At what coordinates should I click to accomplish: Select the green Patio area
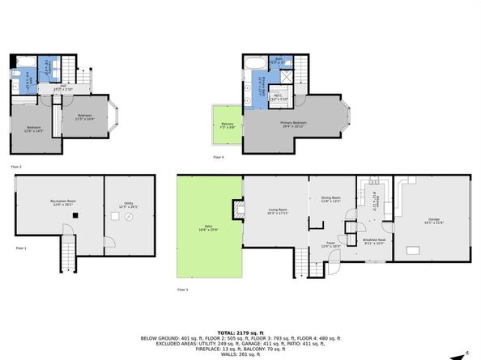point(209,231)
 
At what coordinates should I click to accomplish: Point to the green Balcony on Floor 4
point(228,125)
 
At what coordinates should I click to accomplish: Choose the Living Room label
point(278,212)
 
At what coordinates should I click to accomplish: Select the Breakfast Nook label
point(373,240)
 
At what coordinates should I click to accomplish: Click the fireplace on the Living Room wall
point(238,210)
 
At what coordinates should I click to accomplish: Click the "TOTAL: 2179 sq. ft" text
point(240,332)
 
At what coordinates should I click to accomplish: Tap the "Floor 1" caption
point(19,248)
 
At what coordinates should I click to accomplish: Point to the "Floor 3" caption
point(183,289)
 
